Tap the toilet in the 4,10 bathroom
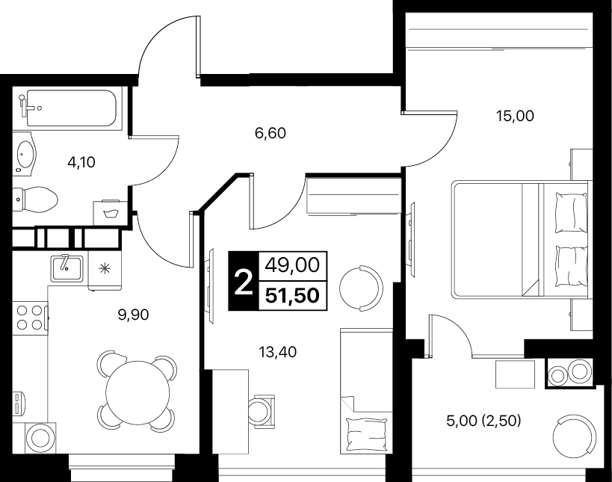tap(35, 200)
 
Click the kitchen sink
tap(67, 268)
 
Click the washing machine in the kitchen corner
tap(40, 437)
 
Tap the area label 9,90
tap(134, 314)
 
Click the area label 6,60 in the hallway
tap(270, 134)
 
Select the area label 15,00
tap(515, 116)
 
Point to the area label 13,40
tap(277, 352)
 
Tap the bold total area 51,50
tap(292, 295)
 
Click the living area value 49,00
tap(292, 265)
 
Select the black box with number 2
tap(244, 281)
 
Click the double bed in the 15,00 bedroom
tap(520, 240)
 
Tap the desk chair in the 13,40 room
tap(262, 411)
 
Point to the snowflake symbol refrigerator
tap(105, 270)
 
